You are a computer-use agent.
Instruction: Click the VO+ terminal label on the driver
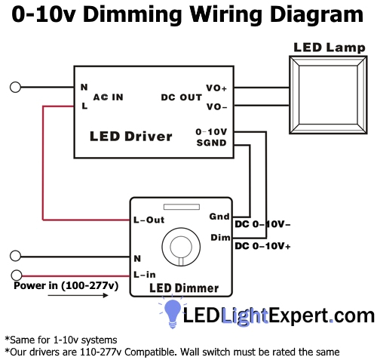click(216, 88)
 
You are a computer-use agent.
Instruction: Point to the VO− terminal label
click(216, 106)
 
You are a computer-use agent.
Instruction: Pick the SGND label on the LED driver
click(211, 142)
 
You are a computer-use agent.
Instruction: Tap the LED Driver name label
click(131, 137)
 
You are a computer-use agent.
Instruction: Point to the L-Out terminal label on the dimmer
click(148, 220)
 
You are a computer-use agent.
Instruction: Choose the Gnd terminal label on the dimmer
click(219, 217)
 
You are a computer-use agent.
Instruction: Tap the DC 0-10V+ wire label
click(263, 246)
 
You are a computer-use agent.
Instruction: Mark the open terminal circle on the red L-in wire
click(16, 272)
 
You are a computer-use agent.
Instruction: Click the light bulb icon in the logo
click(173, 312)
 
